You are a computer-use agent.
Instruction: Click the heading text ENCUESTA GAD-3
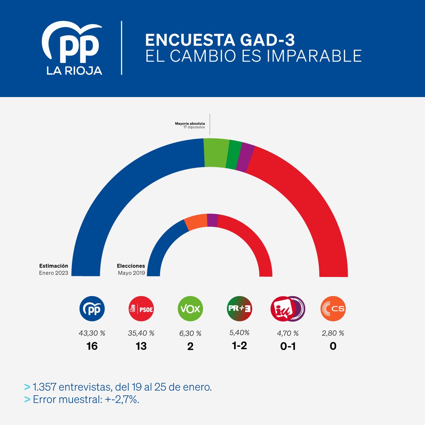click(x=220, y=40)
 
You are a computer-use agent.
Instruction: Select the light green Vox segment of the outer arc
click(x=216, y=153)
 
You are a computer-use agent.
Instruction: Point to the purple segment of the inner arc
click(x=212, y=220)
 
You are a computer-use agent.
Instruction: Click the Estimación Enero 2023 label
click(x=53, y=269)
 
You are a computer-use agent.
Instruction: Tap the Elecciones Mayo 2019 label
click(x=131, y=269)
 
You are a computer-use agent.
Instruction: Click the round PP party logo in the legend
click(x=92, y=309)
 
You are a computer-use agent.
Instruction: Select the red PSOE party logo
click(x=141, y=309)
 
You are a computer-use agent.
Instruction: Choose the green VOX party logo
click(x=190, y=309)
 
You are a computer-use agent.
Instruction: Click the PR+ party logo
click(x=239, y=308)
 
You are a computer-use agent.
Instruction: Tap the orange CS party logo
click(x=333, y=309)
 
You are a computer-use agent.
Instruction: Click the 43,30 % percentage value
click(x=92, y=333)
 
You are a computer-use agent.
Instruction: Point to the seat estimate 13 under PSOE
click(x=141, y=346)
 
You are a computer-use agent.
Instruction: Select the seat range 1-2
click(x=239, y=346)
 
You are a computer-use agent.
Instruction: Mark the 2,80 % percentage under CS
click(x=333, y=333)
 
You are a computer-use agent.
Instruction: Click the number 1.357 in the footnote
click(x=44, y=387)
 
